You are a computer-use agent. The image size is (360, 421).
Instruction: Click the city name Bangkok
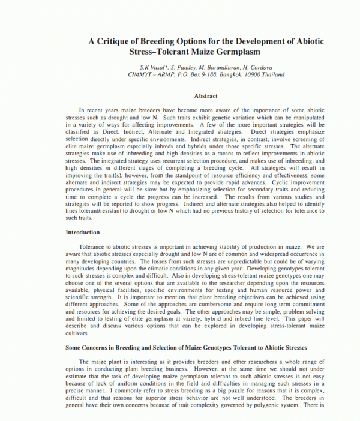[232, 74]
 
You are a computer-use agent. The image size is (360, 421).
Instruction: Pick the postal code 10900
[254, 74]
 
